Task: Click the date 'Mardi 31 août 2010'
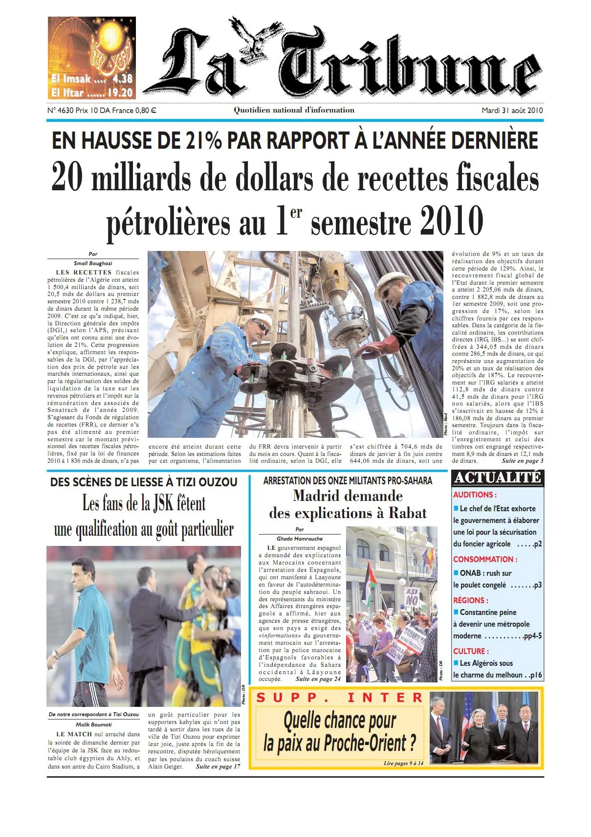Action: coord(512,111)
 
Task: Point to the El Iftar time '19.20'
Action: coord(120,92)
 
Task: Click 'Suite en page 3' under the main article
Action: coord(522,461)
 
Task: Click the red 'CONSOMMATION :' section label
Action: coord(485,559)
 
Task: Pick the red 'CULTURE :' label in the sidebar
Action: coord(471,651)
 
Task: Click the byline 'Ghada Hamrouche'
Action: coord(300,539)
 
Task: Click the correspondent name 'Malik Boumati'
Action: coord(93,724)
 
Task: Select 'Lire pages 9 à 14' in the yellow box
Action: coord(403,763)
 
